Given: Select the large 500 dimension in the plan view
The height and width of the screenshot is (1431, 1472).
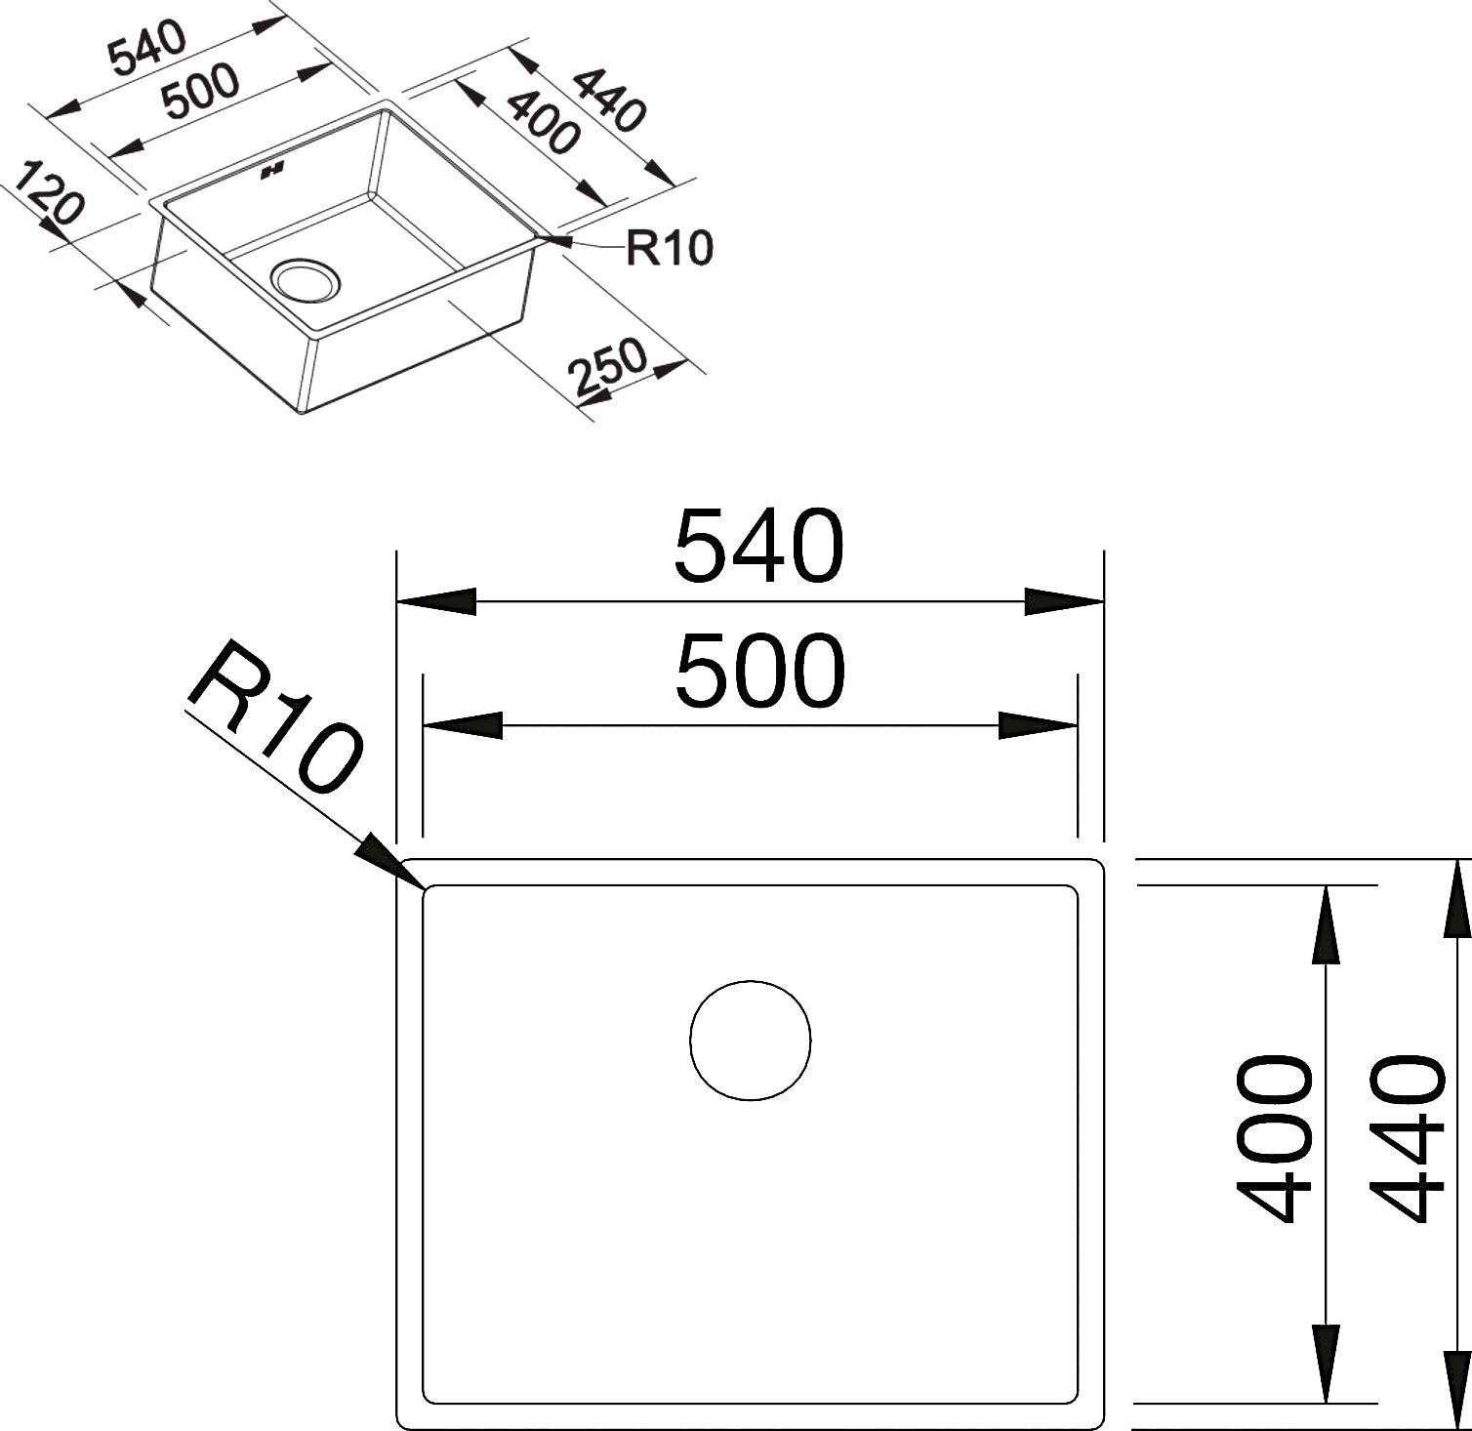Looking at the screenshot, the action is click(x=758, y=671).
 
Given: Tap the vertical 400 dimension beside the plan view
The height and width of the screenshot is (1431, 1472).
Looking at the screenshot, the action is click(x=1274, y=1138).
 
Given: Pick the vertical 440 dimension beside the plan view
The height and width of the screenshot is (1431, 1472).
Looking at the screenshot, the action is click(x=1407, y=1138).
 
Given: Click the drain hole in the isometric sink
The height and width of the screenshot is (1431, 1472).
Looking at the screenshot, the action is click(x=307, y=279).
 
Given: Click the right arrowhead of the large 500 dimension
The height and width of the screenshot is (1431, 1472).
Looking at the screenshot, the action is click(x=1038, y=726).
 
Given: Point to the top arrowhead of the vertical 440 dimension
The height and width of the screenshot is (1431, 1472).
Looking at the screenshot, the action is click(x=1458, y=899).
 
